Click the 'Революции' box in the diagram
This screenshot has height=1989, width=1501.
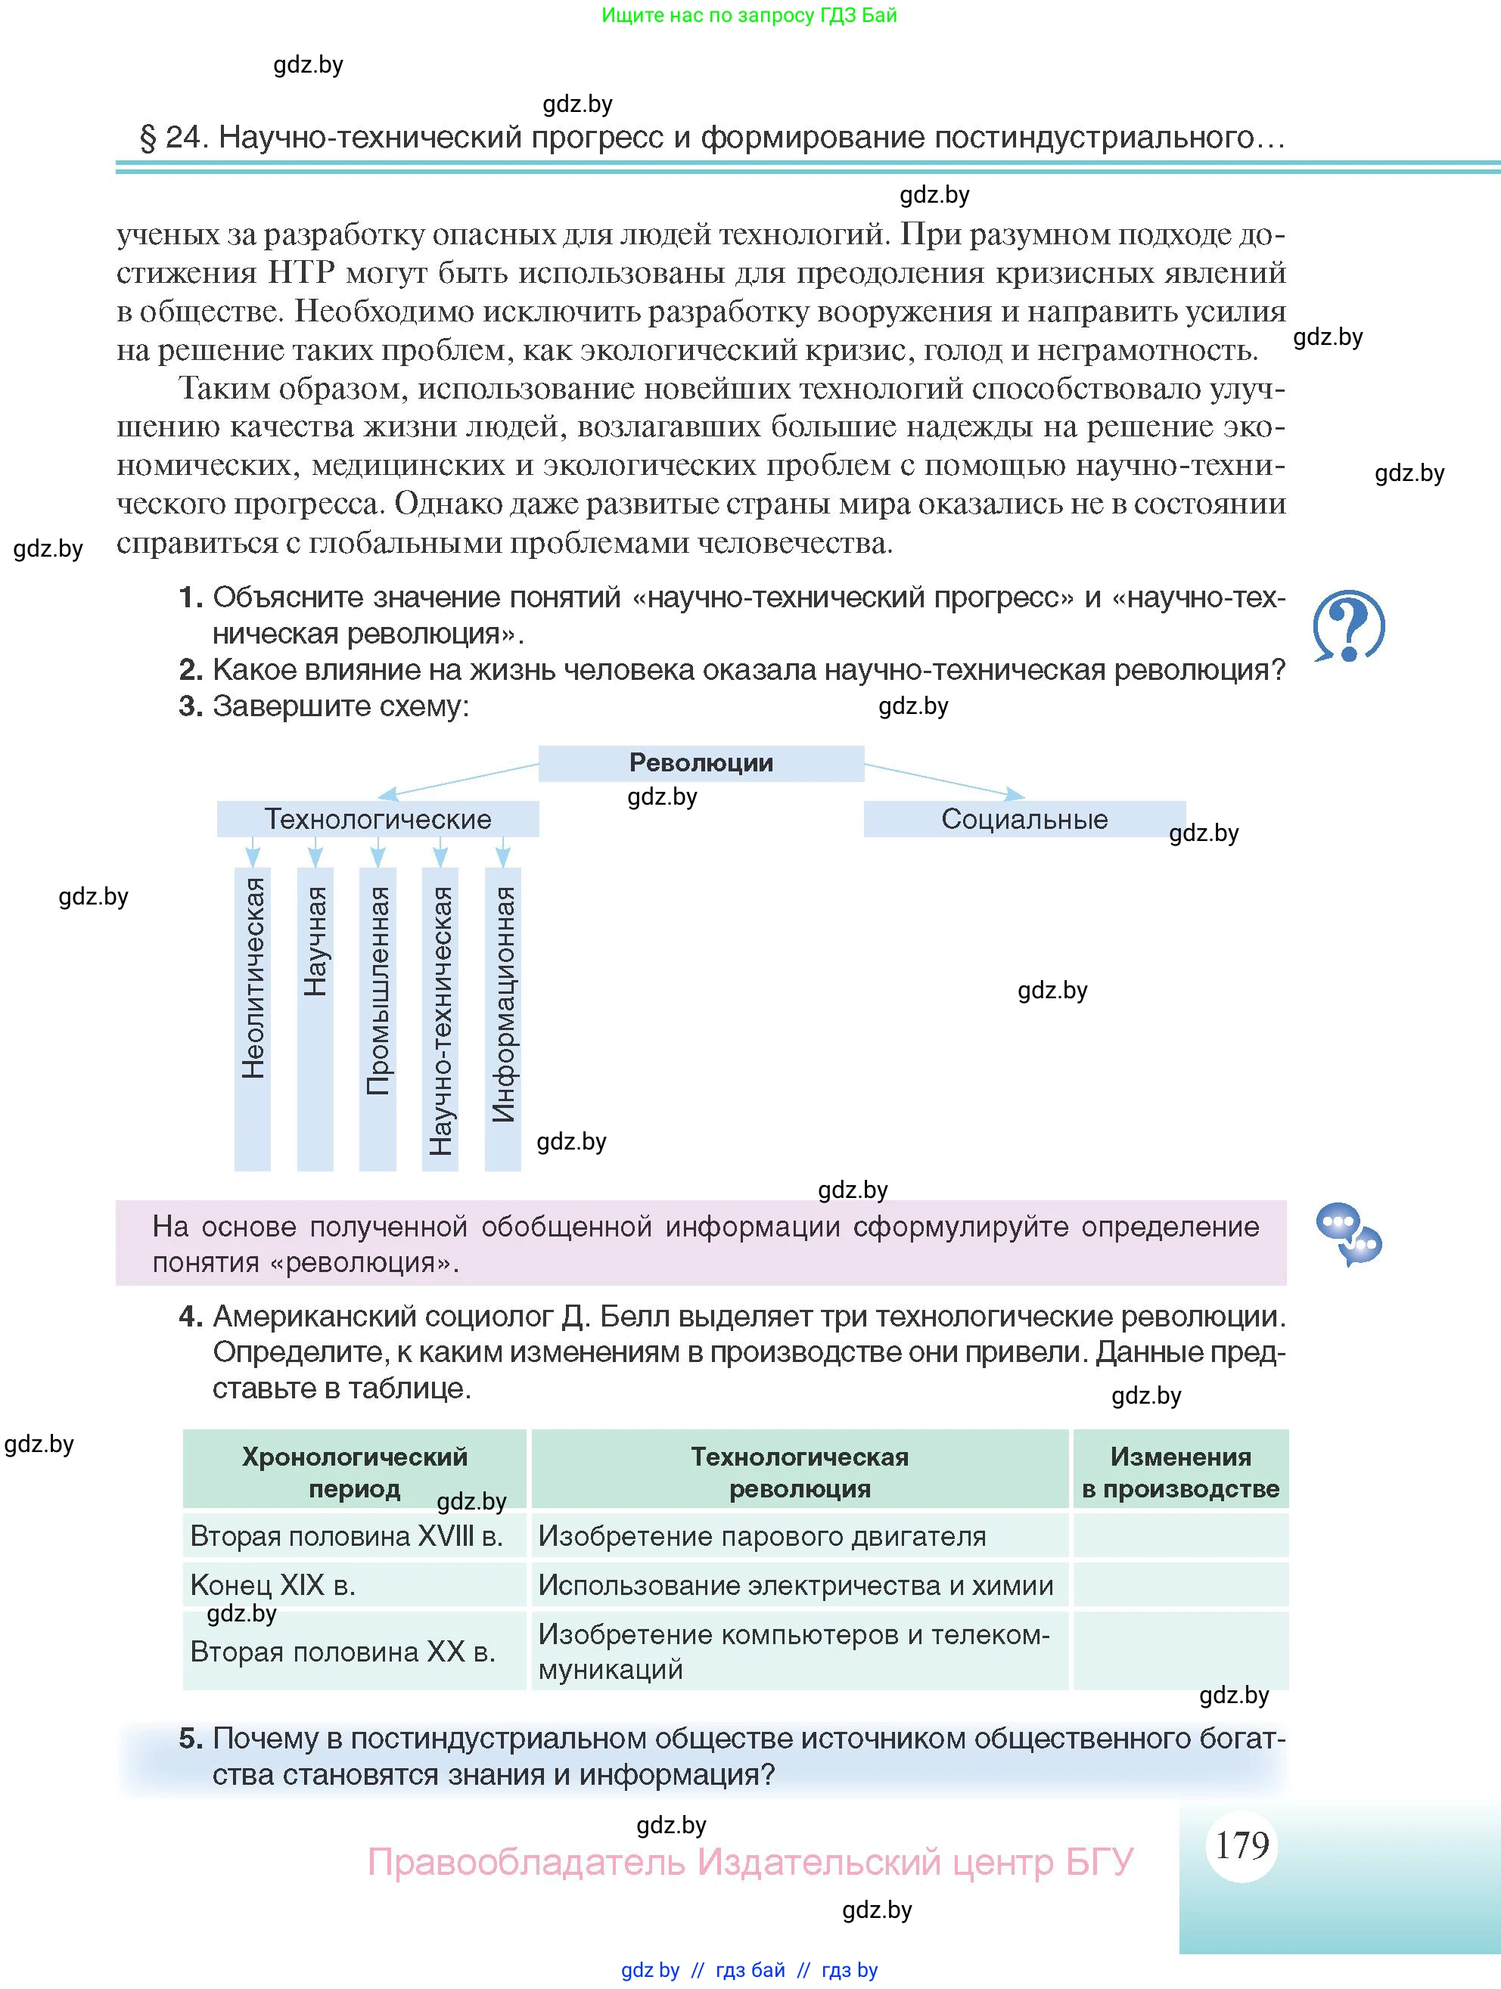[x=701, y=762]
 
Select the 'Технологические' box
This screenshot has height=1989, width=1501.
[x=378, y=819]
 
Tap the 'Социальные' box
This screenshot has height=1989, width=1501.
[x=1024, y=819]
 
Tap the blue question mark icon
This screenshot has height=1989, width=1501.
[x=1348, y=626]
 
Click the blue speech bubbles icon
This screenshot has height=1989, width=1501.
[x=1348, y=1233]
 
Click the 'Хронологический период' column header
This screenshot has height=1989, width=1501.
[x=354, y=1472]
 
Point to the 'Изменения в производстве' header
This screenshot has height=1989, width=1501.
[x=1180, y=1472]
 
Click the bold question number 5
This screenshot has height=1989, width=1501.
[x=191, y=1738]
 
